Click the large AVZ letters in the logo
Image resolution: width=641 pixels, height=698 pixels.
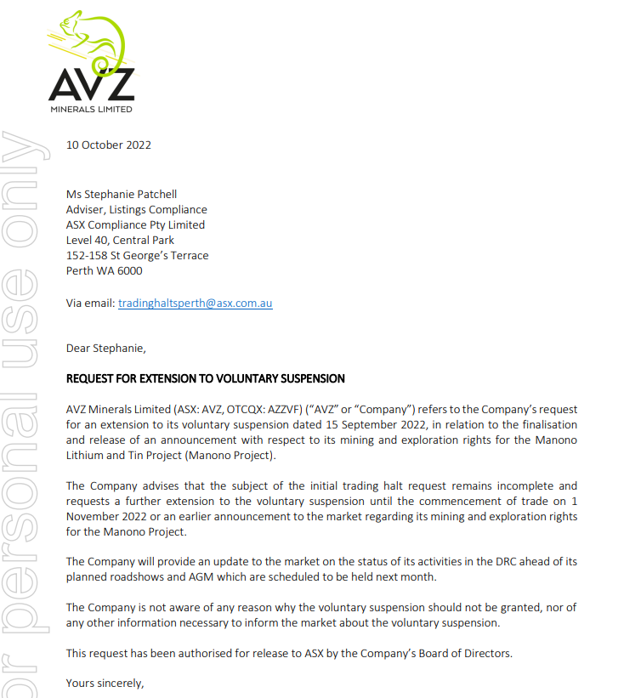91,84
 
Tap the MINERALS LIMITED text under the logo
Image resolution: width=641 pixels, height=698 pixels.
91,109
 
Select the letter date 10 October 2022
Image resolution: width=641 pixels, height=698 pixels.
109,145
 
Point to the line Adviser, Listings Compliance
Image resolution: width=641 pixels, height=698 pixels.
137,209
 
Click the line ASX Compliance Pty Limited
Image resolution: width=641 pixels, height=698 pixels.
135,224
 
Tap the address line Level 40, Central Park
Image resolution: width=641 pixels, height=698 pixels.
120,240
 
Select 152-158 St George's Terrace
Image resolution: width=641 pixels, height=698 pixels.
137,255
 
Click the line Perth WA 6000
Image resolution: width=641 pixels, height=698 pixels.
105,270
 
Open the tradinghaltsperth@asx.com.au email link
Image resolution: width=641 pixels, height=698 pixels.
195,303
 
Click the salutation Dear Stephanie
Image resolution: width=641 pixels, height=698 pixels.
106,347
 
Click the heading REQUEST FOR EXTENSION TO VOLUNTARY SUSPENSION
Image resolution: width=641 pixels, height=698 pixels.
206,378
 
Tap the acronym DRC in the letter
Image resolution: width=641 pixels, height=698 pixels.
507,561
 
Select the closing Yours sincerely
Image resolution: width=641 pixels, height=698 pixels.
105,683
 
